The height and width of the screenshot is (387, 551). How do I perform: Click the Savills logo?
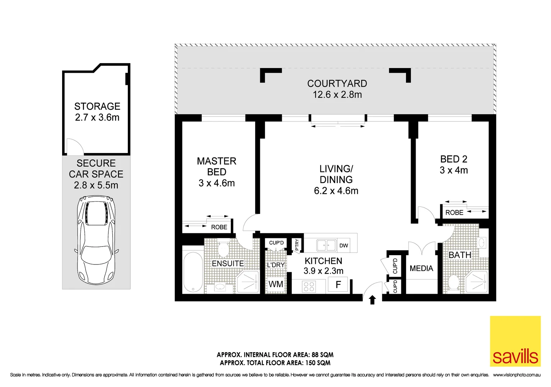point(515,341)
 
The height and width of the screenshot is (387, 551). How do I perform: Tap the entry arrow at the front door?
point(372,300)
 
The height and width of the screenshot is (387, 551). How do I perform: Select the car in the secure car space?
point(96,240)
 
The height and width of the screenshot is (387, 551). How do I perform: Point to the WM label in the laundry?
point(276,284)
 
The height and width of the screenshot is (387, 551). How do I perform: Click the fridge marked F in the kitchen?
point(338,285)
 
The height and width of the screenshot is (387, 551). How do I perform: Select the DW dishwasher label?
point(344,245)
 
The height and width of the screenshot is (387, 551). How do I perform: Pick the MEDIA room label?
point(421,268)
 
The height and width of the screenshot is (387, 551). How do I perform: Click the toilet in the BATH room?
point(453,282)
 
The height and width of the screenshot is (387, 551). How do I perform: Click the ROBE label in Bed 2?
point(454,212)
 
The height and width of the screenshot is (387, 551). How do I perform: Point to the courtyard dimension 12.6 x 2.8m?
point(337,95)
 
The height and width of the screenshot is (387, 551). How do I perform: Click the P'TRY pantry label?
point(296,245)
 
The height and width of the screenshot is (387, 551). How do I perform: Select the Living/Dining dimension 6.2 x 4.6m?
point(336,191)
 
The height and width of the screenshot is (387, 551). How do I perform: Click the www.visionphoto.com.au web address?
point(517,375)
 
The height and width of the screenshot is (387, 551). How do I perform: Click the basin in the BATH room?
point(482,243)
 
